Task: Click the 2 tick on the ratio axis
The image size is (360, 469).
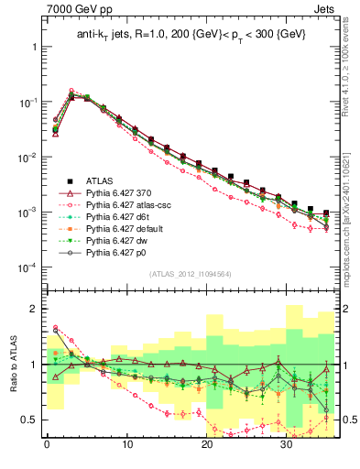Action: tap(35, 309)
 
